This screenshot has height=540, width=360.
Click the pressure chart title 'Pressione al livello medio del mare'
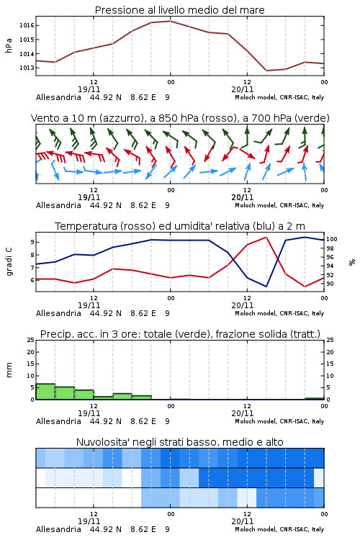tap(179, 10)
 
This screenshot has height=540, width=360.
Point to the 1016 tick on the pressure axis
tap(27, 25)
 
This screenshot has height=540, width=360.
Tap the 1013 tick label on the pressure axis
tap(27, 68)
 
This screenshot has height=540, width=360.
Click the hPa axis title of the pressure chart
tap(9, 45)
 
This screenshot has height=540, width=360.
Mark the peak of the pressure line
tap(170, 21)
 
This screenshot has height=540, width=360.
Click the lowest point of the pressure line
tap(266, 71)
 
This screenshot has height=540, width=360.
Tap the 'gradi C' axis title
tap(9, 262)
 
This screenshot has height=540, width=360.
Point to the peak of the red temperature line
tap(266, 237)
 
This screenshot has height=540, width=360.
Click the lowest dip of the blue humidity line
tap(266, 287)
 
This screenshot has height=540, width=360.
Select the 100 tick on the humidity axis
tap(332, 239)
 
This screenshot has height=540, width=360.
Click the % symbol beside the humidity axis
tap(352, 262)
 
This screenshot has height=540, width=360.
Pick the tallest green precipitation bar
tap(45, 392)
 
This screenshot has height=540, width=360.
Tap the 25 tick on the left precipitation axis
tap(31, 341)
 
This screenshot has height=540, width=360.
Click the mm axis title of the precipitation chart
tap(9, 370)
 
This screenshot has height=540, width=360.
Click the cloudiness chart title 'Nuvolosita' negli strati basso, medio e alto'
tap(179, 442)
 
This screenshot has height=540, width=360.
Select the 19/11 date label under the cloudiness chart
tap(89, 521)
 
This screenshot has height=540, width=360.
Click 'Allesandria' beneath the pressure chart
tap(58, 97)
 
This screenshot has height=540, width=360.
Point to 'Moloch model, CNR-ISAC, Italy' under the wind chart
tap(279, 206)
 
